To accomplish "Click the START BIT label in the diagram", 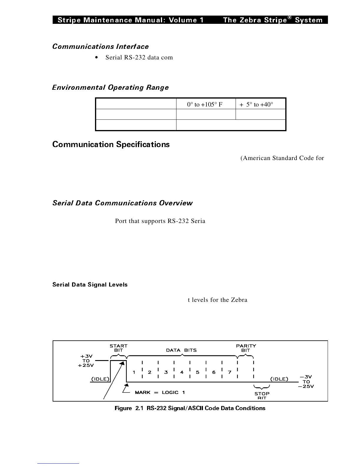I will pyautogui.click(x=119, y=348).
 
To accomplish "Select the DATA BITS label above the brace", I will pyautogui.click(x=181, y=350).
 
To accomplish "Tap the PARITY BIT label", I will pyautogui.click(x=246, y=348).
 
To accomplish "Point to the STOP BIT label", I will pyautogui.click(x=262, y=395).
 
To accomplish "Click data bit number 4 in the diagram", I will pyautogui.click(x=182, y=372).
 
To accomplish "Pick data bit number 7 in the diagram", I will pyautogui.click(x=230, y=372).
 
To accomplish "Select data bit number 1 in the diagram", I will pyautogui.click(x=134, y=372).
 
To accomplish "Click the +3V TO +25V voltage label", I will pyautogui.click(x=86, y=361).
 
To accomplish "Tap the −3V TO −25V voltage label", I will pyautogui.click(x=306, y=382).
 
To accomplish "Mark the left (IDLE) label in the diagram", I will pyautogui.click(x=100, y=379).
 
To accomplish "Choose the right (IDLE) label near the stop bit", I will pyautogui.click(x=279, y=379).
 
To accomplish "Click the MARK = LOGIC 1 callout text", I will pyautogui.click(x=160, y=392).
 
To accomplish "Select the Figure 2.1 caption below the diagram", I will pyautogui.click(x=190, y=408).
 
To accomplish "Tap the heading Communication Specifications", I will pyautogui.click(x=111, y=144).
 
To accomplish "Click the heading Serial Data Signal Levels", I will pyautogui.click(x=90, y=285).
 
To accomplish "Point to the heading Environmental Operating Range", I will pyautogui.click(x=110, y=87).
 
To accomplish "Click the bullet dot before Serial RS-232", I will pyautogui.click(x=97, y=58).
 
